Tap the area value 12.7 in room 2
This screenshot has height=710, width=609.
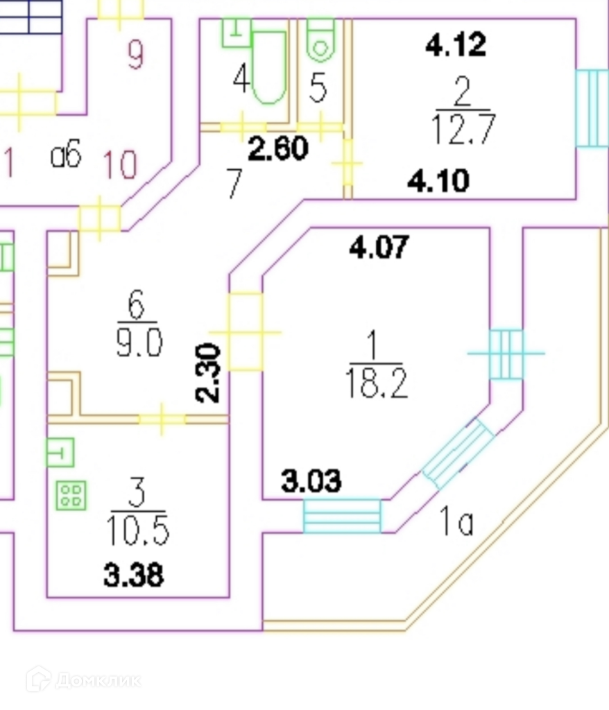462,130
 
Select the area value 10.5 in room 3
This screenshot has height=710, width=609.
137,530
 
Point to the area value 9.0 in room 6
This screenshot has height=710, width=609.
139,343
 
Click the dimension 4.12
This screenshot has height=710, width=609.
456,46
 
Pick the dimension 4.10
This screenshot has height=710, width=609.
438,182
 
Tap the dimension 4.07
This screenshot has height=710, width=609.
379,247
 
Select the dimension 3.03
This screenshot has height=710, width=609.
311,480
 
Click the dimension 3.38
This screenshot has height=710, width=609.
134,575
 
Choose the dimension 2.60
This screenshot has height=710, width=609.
277,148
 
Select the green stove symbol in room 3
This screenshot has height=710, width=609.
71,495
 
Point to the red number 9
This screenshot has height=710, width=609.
135,55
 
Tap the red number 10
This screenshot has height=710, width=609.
120,164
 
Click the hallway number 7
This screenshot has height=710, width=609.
234,185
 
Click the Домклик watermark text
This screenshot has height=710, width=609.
97,679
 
